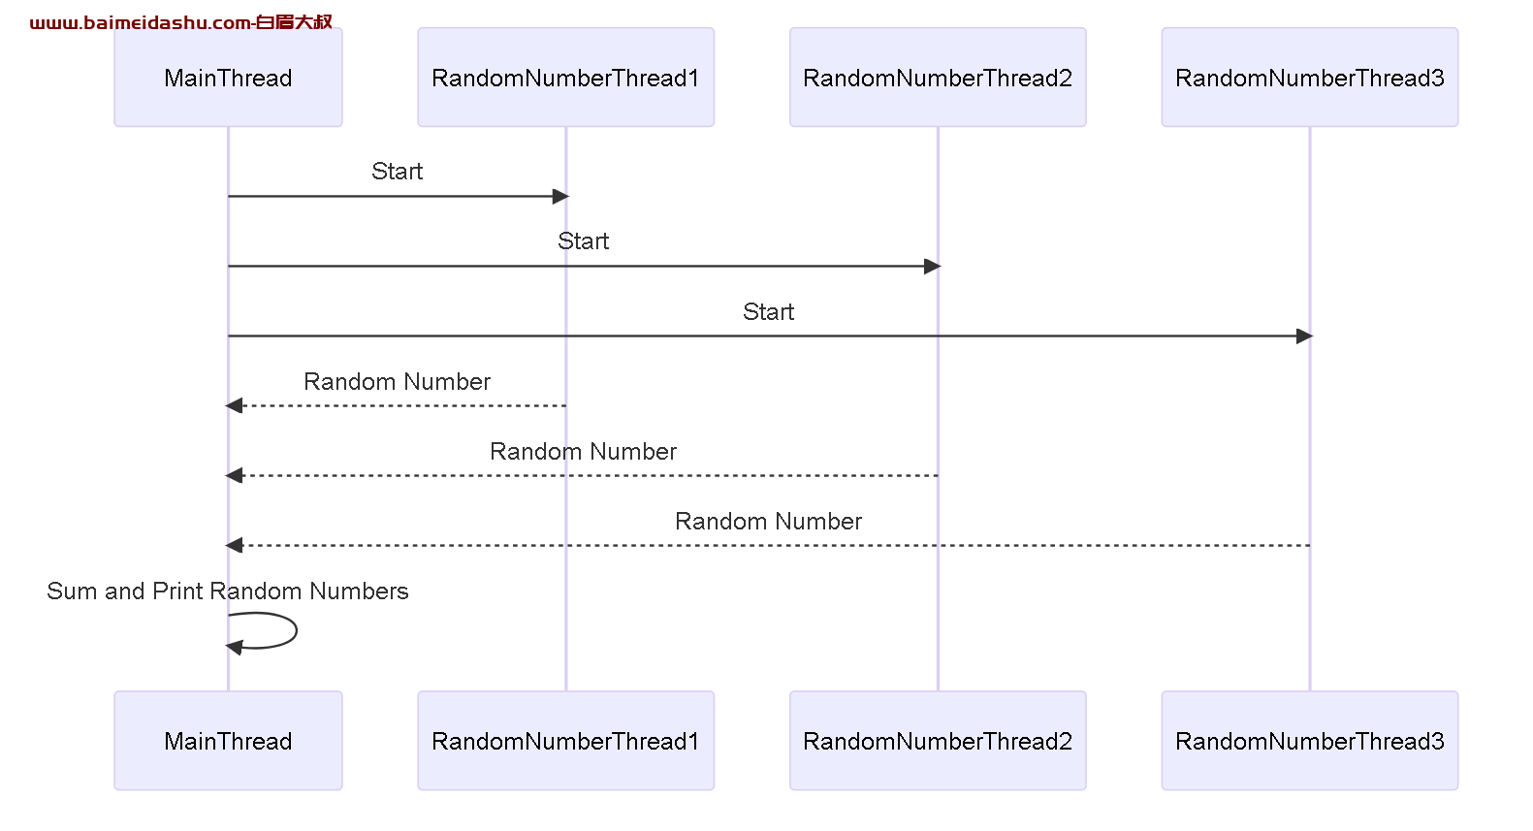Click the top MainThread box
(x=228, y=78)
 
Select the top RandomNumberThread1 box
(x=566, y=78)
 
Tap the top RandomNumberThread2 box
(x=938, y=78)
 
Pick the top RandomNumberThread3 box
(x=1310, y=78)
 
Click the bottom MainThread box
(x=228, y=741)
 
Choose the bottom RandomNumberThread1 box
(x=566, y=741)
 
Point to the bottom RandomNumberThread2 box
(x=938, y=741)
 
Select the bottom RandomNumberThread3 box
(x=1310, y=741)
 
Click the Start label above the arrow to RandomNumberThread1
(x=397, y=171)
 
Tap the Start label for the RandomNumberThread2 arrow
(x=583, y=240)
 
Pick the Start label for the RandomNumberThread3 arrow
(x=769, y=311)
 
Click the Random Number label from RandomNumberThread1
(x=397, y=381)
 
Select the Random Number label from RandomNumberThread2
(x=583, y=451)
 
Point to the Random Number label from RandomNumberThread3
(x=769, y=521)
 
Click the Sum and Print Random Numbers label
(x=228, y=591)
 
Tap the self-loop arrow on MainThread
(x=297, y=630)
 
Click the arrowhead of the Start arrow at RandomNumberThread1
(x=560, y=197)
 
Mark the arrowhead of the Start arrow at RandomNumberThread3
(x=1304, y=336)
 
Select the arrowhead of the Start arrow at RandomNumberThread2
(x=932, y=267)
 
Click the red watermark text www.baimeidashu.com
(x=141, y=22)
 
